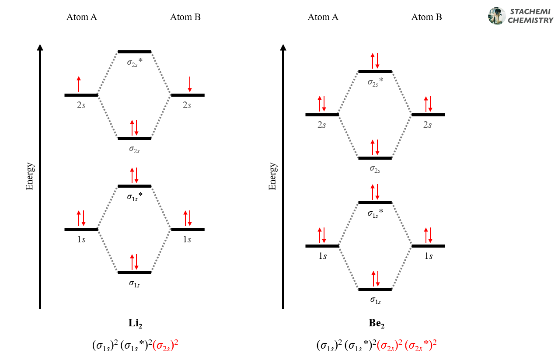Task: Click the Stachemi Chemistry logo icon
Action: [497, 16]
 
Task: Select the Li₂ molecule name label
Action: [135, 324]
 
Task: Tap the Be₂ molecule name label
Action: [377, 324]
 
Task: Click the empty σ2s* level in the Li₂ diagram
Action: [134, 52]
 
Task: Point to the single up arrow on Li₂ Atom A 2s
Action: [79, 84]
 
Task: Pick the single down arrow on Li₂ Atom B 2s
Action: [190, 84]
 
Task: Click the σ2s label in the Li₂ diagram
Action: [134, 149]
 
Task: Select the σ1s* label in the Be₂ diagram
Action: [375, 213]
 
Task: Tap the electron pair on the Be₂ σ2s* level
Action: [375, 61]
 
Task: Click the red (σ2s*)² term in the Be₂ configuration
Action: [421, 345]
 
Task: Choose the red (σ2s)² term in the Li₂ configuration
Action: [165, 345]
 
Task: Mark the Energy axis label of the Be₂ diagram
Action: [273, 176]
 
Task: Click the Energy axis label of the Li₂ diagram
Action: [30, 176]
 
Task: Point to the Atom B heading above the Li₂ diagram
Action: [185, 17]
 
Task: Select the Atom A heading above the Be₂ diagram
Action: [323, 17]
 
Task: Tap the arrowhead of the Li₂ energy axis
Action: [40, 48]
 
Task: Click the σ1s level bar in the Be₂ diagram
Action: [375, 289]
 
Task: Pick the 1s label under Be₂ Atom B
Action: [429, 256]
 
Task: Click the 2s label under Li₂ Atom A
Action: [81, 105]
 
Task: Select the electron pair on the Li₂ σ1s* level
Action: [134, 175]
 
